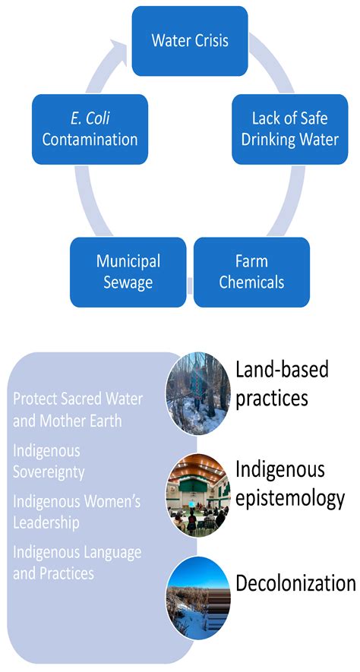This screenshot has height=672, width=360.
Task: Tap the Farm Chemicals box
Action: (251, 272)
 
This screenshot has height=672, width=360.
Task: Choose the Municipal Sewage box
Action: (128, 272)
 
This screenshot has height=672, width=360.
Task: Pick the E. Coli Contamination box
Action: (90, 128)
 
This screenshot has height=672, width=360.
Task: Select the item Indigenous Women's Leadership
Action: (77, 512)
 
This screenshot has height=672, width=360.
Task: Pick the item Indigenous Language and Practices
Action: (77, 563)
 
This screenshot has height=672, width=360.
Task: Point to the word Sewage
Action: (128, 282)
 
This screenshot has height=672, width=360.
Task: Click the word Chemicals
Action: (251, 282)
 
